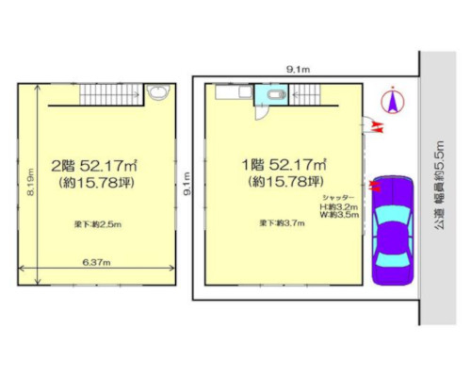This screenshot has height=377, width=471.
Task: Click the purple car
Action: (x=393, y=231)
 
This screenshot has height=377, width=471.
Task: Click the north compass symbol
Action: (x=393, y=100)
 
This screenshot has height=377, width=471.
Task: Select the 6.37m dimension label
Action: (x=95, y=261)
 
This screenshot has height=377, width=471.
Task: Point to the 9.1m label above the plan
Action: (x=300, y=69)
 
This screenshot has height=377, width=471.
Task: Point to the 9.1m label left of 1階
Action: (x=188, y=180)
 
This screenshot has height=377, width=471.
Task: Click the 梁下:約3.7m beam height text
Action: (x=283, y=223)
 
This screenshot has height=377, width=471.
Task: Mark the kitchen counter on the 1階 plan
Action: (x=231, y=92)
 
